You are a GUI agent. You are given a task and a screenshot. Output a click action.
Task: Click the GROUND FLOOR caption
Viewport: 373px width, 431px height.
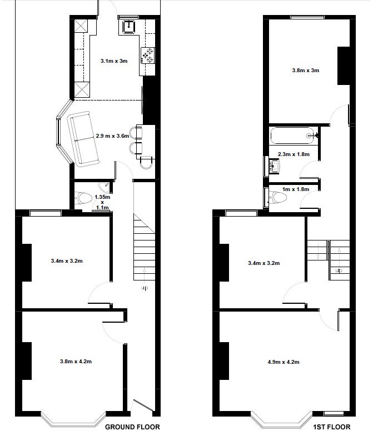132,427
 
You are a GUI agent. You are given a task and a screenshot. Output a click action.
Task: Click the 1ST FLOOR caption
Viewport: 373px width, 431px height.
332,427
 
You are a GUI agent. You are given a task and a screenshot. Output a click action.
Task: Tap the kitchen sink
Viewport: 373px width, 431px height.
129,27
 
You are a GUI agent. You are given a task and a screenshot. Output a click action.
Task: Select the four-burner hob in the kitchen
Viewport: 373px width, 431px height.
148,56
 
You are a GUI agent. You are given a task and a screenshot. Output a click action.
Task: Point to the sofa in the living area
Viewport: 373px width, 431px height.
83,139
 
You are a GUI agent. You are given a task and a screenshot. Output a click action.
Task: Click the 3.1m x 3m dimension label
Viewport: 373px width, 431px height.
114,61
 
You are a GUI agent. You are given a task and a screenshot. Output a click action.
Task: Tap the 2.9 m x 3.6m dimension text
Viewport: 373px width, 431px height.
112,136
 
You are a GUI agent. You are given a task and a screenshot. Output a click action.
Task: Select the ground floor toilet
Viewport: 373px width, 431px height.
83,198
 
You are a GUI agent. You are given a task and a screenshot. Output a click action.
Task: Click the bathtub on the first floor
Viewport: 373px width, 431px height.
293,136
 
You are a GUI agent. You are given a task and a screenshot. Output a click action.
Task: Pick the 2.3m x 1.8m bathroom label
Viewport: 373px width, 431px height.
294,154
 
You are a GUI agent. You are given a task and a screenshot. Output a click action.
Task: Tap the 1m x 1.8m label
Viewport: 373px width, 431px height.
296,189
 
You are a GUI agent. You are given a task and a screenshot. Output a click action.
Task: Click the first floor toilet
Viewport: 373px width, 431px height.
278,197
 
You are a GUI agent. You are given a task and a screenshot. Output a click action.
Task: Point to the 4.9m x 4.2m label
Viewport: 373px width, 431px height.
284,362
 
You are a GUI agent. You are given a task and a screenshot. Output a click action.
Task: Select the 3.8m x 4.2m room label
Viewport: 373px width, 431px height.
76,361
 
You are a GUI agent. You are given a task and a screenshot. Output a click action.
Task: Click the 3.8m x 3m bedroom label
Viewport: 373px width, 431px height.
306,71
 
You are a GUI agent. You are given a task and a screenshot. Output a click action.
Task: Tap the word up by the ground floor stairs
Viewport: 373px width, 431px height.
145,288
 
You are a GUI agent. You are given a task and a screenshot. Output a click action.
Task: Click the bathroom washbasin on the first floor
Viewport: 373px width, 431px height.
274,166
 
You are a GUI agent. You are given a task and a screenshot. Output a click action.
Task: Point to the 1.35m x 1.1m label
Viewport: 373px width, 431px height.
102,202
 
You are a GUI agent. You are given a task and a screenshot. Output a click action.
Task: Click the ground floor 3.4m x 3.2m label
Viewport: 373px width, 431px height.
67,261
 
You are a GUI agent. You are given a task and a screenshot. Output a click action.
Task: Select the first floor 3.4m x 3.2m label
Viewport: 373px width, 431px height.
264,263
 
